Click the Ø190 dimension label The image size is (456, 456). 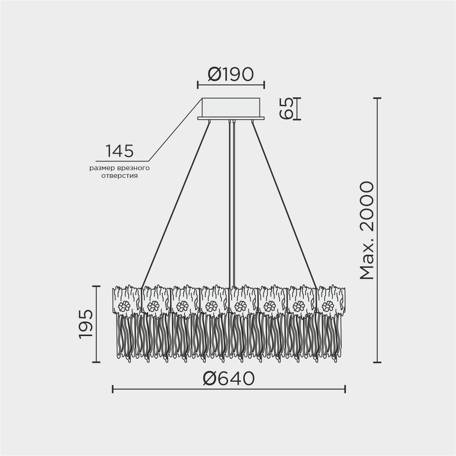(x=231, y=75)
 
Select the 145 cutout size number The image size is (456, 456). (x=119, y=151)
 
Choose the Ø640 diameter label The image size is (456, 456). (x=229, y=378)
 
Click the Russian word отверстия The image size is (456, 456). (x=119, y=176)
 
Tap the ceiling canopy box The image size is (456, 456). (x=231, y=107)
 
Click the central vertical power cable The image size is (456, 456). (x=232, y=204)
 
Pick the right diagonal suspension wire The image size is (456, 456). (x=285, y=204)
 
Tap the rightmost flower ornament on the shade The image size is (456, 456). (x=328, y=307)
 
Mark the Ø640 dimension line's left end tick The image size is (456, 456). (x=113, y=389)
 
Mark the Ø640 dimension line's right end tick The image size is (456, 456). (x=345, y=389)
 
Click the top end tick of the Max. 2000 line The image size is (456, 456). (x=377, y=98)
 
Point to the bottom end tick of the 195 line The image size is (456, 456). (x=96, y=362)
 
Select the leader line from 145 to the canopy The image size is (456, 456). (x=175, y=130)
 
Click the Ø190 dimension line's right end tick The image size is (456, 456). (x=264, y=85)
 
